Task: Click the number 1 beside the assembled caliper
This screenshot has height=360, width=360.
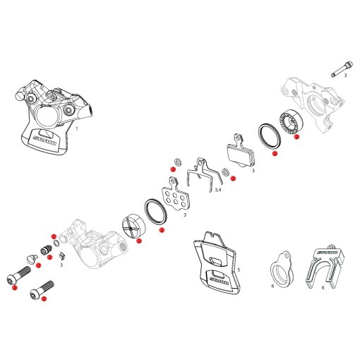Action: pyautogui.click(x=77, y=128)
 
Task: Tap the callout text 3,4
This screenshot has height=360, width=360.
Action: pyautogui.click(x=218, y=191)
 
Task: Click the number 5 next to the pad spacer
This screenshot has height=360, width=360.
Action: pyautogui.click(x=239, y=270)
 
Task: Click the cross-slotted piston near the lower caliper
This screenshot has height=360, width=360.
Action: pyautogui.click(x=133, y=227)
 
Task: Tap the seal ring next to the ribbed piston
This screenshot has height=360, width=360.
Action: pyautogui.click(x=269, y=136)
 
